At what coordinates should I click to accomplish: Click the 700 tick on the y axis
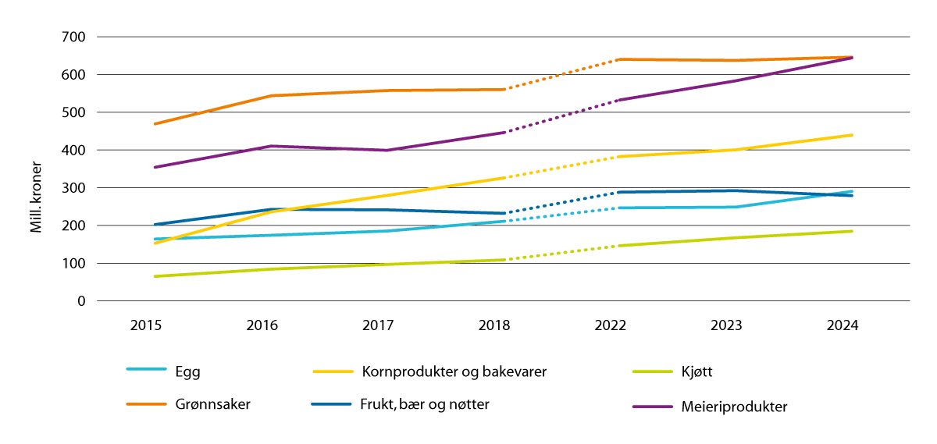pos(74,37)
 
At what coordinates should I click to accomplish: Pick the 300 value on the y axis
pos(74,188)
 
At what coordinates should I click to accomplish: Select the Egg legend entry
pos(187,372)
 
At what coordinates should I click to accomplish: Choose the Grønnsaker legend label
pos(212,405)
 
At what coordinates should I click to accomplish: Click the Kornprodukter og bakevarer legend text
pos(453,372)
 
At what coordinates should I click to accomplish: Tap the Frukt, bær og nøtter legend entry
pos(424,404)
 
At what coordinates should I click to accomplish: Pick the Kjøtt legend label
pos(696,372)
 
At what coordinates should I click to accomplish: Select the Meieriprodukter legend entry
pos(733,407)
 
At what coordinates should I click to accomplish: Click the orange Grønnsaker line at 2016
pos(269,96)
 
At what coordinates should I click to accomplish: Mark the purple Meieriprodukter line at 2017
pos(386,150)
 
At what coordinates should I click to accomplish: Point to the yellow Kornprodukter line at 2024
pos(851,135)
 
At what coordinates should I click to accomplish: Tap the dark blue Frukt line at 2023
pos(734,190)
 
